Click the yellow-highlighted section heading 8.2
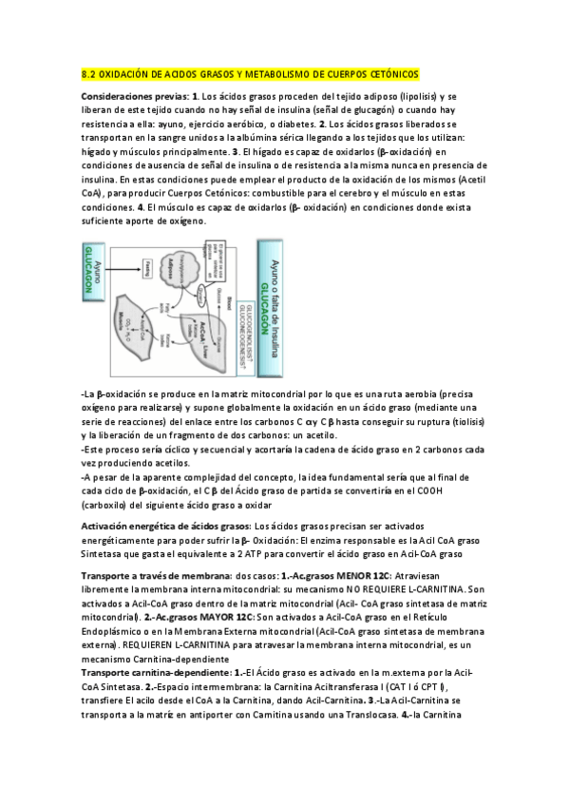[x=250, y=74]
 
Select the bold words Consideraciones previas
[x=130, y=97]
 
